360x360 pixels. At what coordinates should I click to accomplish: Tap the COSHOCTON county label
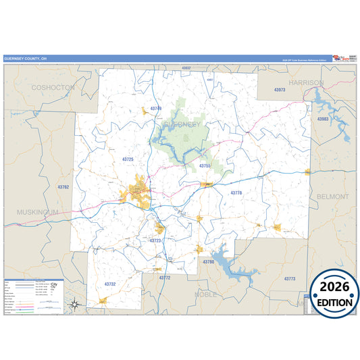[x=53, y=88]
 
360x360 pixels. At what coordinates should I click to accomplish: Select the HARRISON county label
[x=306, y=82]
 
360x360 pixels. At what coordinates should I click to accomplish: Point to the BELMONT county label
[x=332, y=197]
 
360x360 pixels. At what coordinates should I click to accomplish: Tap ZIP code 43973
[x=280, y=90]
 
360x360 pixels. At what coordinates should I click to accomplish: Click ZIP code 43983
[x=323, y=119]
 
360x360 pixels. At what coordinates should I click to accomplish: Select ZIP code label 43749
[x=156, y=108]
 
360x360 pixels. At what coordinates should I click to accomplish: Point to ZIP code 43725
[x=128, y=159]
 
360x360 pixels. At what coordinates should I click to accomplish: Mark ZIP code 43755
[x=205, y=165]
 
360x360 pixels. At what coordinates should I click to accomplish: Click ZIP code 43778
[x=236, y=193]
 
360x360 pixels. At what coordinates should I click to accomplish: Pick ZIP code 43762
[x=63, y=186]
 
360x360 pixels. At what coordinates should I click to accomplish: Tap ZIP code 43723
[x=155, y=240]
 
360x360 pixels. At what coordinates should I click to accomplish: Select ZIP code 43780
[x=208, y=261]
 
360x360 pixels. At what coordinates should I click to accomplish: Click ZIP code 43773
[x=290, y=278]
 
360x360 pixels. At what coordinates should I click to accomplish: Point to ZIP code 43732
[x=110, y=284]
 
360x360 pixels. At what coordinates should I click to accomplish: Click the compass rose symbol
[x=77, y=303]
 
